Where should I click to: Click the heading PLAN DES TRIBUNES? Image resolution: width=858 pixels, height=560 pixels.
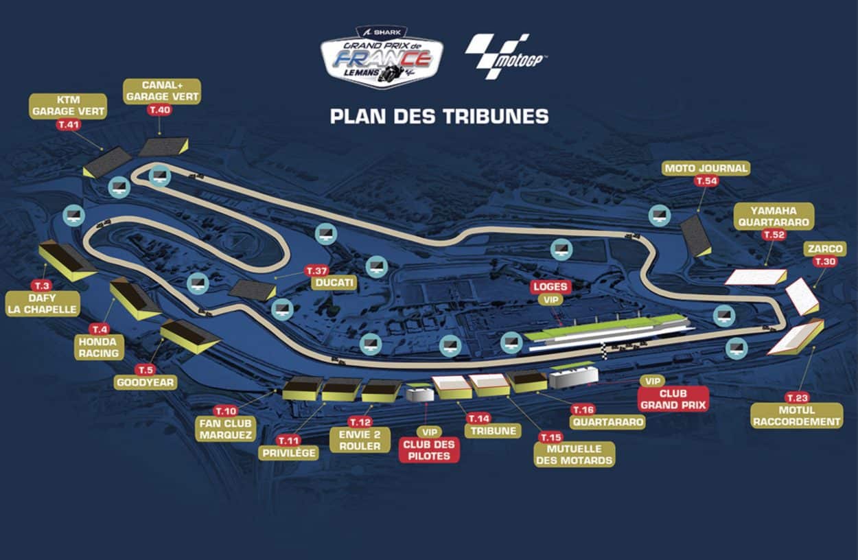(x=439, y=116)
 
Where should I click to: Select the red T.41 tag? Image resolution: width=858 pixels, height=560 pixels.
(x=69, y=125)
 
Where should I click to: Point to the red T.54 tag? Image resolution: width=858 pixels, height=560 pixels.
(x=706, y=181)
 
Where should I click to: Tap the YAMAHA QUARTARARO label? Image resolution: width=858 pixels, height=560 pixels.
(x=774, y=215)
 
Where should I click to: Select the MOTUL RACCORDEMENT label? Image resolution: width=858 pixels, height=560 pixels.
(x=796, y=415)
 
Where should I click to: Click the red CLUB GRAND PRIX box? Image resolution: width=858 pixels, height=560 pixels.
(x=673, y=399)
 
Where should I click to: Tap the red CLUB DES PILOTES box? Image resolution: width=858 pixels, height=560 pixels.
(x=429, y=450)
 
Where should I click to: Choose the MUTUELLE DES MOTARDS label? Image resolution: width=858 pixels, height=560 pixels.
(x=574, y=454)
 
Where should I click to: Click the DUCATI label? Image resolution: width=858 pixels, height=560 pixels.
(x=334, y=283)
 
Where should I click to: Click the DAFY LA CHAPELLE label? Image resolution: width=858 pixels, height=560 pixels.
(x=42, y=303)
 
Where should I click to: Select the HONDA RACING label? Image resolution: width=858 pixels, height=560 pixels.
(x=100, y=347)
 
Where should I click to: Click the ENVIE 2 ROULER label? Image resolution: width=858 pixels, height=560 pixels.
(x=360, y=440)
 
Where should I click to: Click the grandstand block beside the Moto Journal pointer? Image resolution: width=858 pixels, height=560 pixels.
(x=695, y=237)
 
